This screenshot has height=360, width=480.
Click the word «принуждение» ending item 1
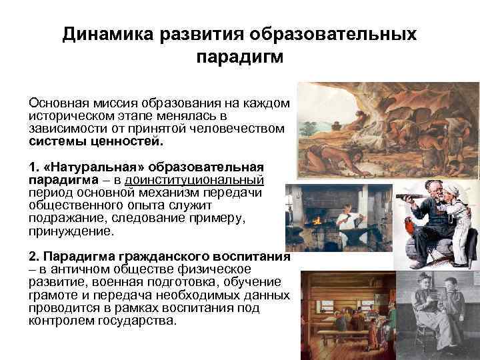coord(71,232)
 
